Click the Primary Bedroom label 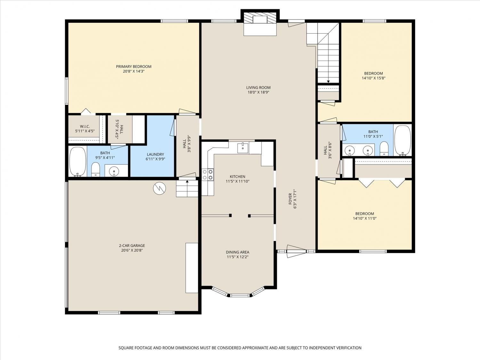tap(134, 67)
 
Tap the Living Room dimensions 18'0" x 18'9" tap(258, 92)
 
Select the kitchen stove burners tap(208, 175)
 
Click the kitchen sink tap(243, 148)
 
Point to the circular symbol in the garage tap(159, 188)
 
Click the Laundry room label tap(155, 154)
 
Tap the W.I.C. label tap(85, 126)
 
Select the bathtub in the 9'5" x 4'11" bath tap(78, 162)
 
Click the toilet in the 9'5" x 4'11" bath tap(95, 169)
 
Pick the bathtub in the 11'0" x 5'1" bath tap(403, 140)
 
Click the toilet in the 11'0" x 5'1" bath tap(384, 148)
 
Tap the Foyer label tap(290, 199)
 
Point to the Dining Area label tap(237, 252)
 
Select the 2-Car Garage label tap(132, 245)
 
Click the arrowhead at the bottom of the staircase tap(328, 82)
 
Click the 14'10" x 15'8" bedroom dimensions tap(373, 78)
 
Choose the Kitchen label tap(237, 176)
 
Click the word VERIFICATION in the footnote tap(348, 348)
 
